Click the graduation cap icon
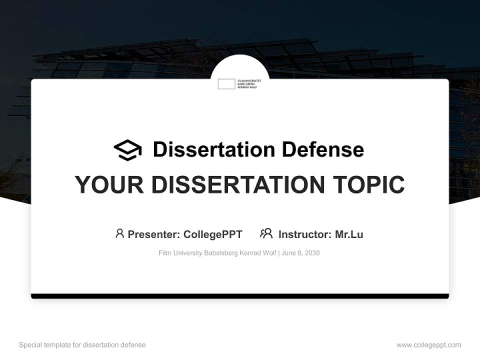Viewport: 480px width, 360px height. pyautogui.click(x=127, y=150)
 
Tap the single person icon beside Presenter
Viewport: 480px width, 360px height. pyautogui.click(x=119, y=233)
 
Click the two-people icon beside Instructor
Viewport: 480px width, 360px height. pyautogui.click(x=266, y=233)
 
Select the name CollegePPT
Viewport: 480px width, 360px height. pyautogui.click(x=212, y=234)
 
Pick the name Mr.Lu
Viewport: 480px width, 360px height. pyautogui.click(x=349, y=234)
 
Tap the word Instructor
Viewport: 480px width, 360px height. pyautogui.click(x=304, y=234)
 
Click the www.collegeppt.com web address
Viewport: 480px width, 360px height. pyautogui.click(x=428, y=345)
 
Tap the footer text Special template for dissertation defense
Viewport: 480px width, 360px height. pyautogui.click(x=82, y=345)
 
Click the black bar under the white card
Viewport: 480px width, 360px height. pyautogui.click(x=240, y=296)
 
